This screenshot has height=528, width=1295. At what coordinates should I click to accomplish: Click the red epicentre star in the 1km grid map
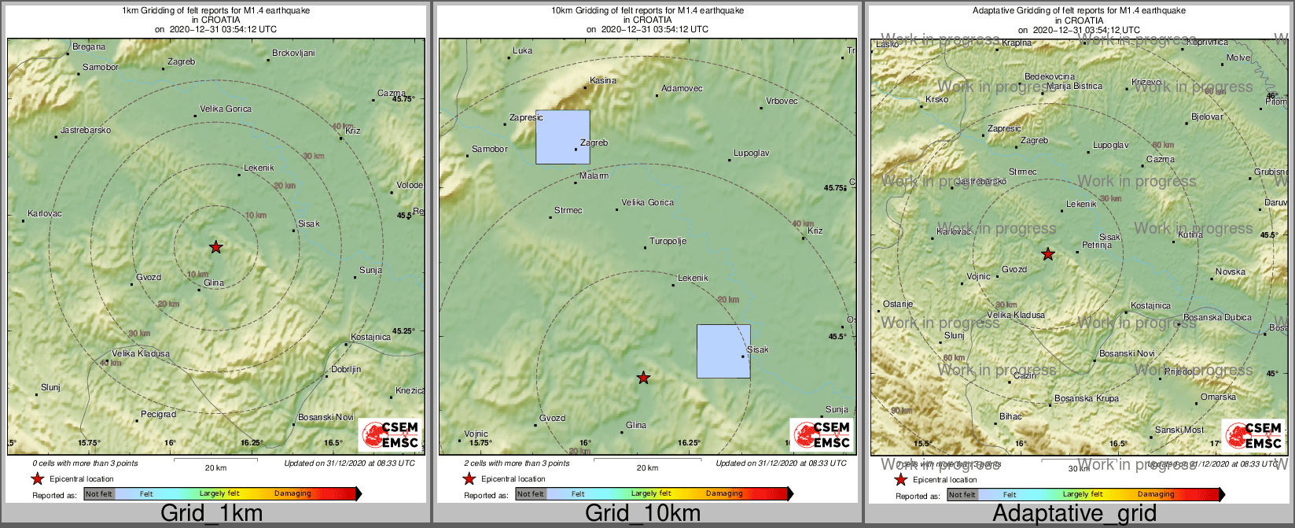pos(216,247)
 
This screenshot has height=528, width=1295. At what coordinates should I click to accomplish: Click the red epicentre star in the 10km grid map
pos(644,378)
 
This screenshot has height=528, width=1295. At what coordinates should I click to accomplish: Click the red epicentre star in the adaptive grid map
pos(1048,253)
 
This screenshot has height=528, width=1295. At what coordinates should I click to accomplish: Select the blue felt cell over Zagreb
pos(563,137)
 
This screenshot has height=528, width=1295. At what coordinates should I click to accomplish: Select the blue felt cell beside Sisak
pos(723,351)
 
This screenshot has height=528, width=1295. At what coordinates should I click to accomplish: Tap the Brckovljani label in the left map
pos(293,54)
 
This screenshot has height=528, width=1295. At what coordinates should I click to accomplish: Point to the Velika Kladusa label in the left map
pos(141,353)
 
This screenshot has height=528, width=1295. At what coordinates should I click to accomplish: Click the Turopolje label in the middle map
pos(668,241)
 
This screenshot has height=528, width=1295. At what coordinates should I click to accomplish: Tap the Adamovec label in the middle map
pos(682,88)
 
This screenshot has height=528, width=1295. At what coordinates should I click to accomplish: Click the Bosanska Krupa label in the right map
pos(1087,398)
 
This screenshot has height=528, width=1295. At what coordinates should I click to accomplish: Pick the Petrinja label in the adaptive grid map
pos(1097,245)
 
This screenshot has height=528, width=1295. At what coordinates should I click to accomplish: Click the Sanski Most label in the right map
pos(1179,430)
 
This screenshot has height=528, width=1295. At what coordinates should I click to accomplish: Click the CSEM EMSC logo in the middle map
pos(821,435)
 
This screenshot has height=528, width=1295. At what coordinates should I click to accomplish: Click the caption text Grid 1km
pos(212,514)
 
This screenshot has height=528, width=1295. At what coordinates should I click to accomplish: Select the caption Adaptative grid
pos(1074,514)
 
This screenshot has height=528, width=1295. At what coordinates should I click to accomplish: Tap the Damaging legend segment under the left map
pos(292,494)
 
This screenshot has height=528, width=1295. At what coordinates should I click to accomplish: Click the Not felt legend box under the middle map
pos(531,494)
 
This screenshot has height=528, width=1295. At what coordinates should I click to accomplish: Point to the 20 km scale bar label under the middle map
pos(647,468)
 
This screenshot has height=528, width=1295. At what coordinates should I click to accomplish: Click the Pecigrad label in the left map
pos(158,414)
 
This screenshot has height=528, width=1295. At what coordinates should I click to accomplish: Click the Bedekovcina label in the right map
pos(1050,76)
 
